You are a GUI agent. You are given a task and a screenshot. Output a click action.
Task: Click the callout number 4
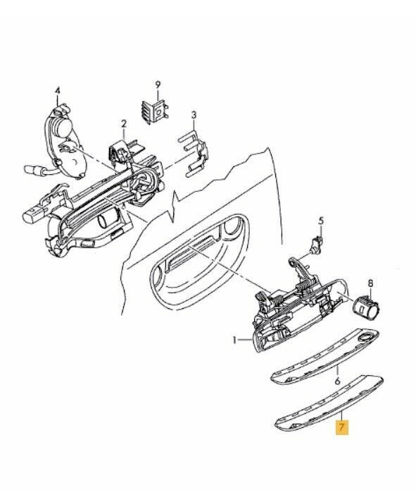tap(58, 91)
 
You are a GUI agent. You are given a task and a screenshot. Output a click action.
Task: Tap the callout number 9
tap(158, 85)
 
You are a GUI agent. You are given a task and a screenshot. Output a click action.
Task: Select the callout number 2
tap(124, 123)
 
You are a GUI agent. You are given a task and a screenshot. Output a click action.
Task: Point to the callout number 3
tap(194, 115)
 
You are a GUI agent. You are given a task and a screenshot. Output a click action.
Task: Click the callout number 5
tap(321, 221)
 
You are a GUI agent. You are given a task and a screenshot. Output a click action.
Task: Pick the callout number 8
tap(370, 283)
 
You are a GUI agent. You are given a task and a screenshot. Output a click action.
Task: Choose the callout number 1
tap(235, 340)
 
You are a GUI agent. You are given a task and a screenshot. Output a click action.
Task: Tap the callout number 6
tap(338, 381)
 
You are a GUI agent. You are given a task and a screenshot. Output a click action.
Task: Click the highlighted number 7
tap(341, 428)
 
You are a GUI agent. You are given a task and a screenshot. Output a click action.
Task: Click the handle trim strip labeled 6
tap(324, 356)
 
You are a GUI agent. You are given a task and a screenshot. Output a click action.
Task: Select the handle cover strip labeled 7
tap(329, 402)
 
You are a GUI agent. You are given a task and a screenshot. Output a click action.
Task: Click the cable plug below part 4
tap(32, 169)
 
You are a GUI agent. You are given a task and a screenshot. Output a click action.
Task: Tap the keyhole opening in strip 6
tap(365, 336)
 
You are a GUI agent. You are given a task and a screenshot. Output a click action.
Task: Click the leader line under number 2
tap(124, 134)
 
